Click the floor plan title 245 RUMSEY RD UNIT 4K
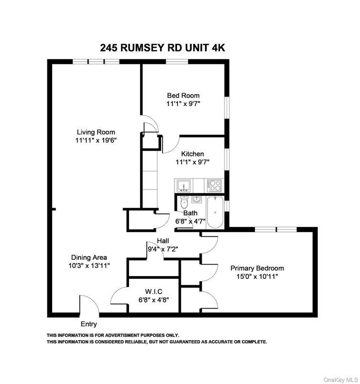click(x=163, y=48)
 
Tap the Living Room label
click(x=96, y=132)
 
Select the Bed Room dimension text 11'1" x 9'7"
click(x=183, y=104)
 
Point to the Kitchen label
click(x=192, y=154)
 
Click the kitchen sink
click(x=184, y=186)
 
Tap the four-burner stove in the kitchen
click(x=215, y=185)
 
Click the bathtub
click(x=215, y=212)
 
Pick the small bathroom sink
click(x=196, y=200)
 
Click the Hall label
click(x=163, y=241)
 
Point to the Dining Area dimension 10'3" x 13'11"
click(x=89, y=266)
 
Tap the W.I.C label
click(x=153, y=291)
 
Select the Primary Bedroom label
click(x=257, y=268)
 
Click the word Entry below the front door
click(x=89, y=324)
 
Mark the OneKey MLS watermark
click(x=341, y=380)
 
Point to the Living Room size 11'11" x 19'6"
click(x=96, y=140)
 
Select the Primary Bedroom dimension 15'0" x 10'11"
click(x=257, y=277)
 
